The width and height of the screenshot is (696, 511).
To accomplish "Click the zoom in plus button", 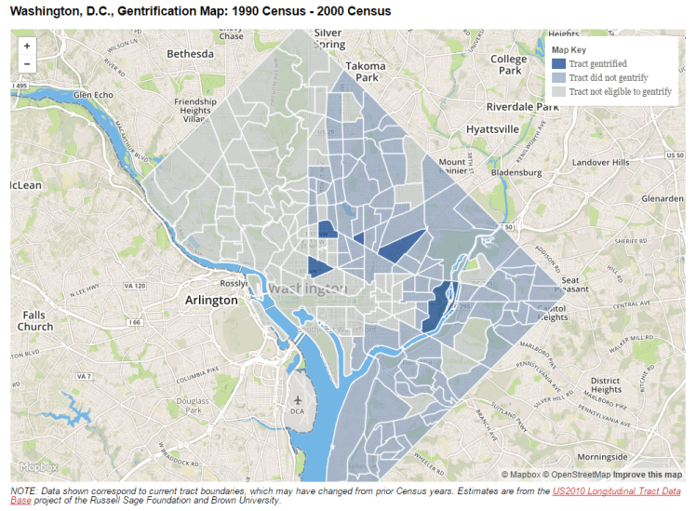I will pos(26,46).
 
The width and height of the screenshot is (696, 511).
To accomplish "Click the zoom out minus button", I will pos(26,64).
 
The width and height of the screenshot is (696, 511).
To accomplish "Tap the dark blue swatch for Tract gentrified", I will pos(558,64).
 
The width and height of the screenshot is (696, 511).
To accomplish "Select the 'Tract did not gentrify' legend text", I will pos(609,78).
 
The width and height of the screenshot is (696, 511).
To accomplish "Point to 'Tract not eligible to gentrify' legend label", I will pos(620,91).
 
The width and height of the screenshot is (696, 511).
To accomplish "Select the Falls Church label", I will pos(35,321).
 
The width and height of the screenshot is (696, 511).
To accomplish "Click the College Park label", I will pos(509,65).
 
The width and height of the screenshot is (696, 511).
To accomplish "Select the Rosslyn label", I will pos(231,283).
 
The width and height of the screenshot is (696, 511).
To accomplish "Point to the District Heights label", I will pos(605,384).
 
